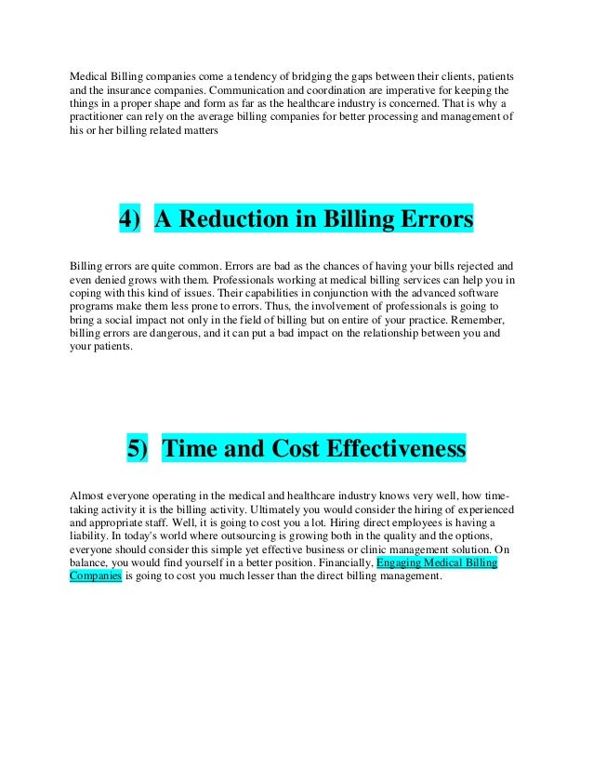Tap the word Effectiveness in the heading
394,450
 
